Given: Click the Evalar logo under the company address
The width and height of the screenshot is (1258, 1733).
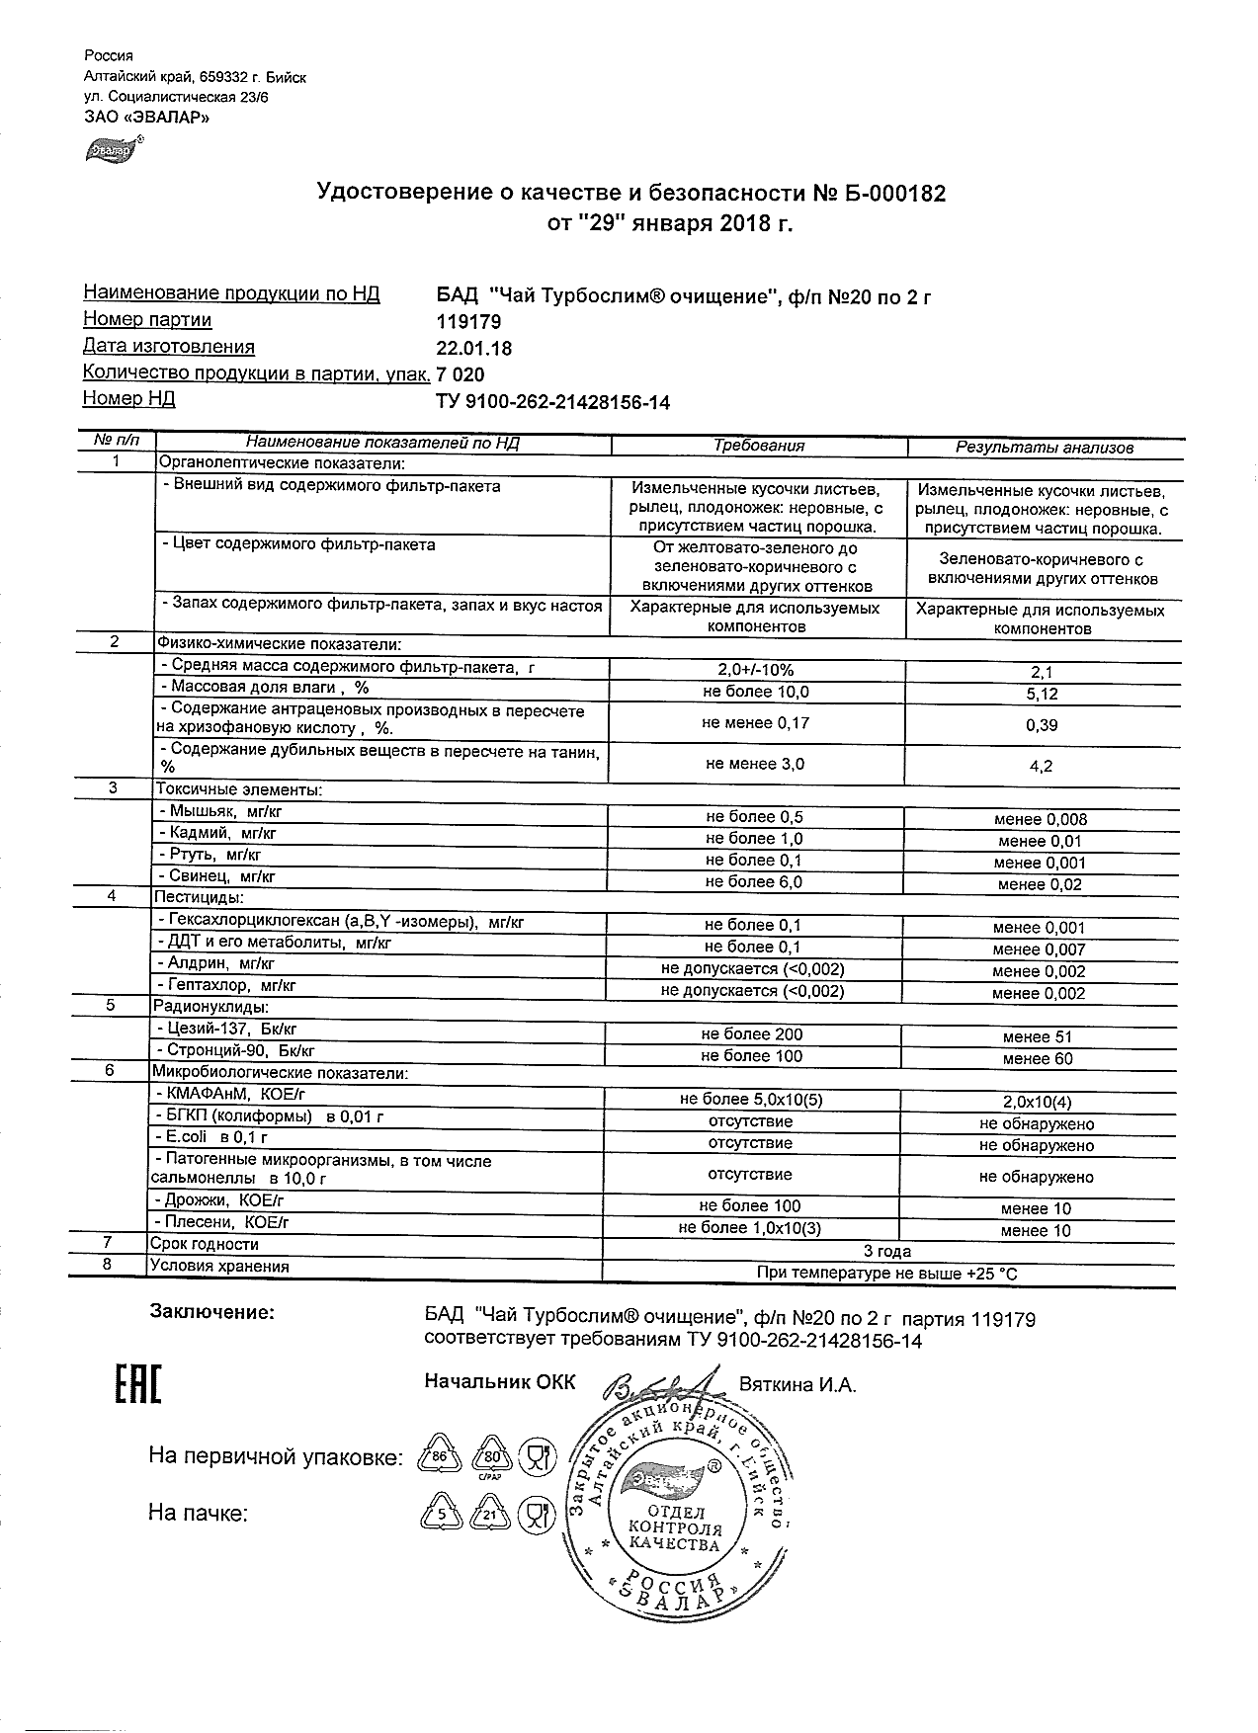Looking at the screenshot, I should click(113, 150).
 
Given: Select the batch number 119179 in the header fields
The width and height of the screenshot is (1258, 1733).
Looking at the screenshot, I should click(468, 321).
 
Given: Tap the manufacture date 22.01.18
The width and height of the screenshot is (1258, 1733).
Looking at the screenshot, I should click(473, 348).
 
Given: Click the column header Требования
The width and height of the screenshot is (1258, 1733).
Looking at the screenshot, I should click(759, 446).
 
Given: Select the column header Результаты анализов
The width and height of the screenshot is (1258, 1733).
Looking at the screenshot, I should click(1044, 447).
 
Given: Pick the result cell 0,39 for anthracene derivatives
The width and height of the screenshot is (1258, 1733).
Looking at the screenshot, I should click(1042, 725).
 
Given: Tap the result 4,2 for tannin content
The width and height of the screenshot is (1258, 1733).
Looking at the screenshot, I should click(1042, 766).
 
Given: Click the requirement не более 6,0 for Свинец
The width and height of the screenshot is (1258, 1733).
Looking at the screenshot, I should click(754, 881).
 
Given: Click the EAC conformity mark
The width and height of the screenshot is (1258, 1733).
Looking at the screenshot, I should click(132, 1385).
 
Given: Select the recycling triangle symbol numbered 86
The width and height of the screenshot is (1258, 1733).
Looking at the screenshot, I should click(441, 1457).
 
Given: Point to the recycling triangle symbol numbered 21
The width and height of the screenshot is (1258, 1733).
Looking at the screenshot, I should click(490, 1514).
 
